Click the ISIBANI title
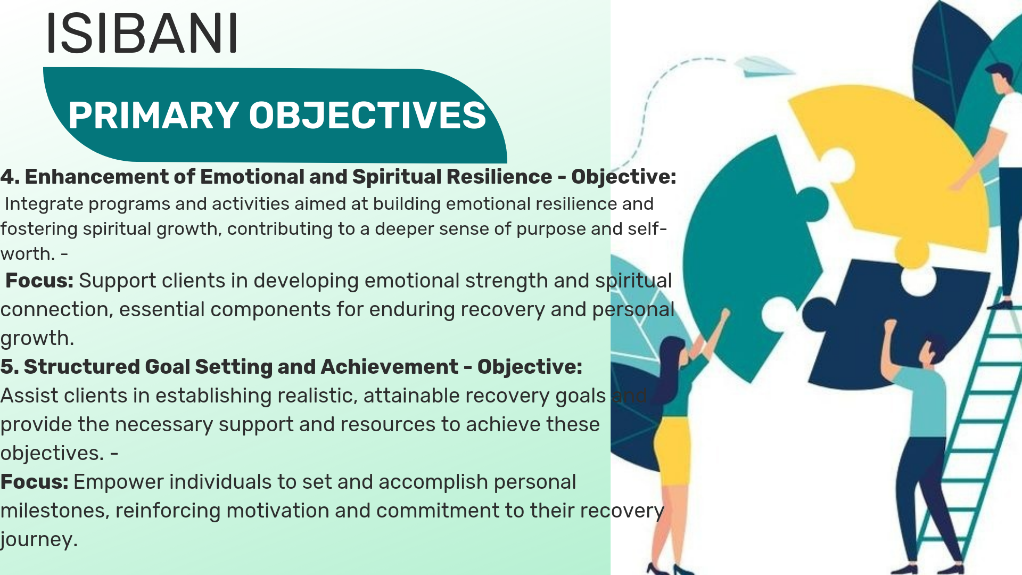[142, 33]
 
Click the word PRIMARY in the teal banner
[153, 115]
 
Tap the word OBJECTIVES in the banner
[367, 115]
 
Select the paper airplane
[764, 67]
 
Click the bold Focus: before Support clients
[39, 281]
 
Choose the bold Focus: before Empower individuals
[34, 482]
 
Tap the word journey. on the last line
[39, 540]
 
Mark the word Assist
[29, 396]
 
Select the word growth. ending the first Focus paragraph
[37, 339]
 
